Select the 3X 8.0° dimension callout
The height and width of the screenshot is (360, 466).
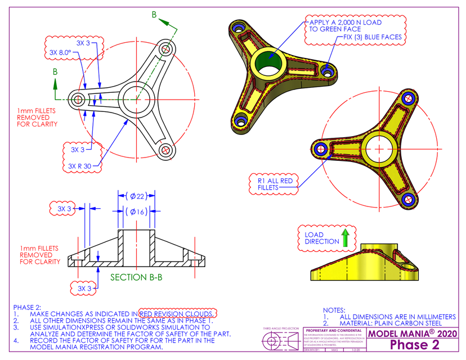[x=60, y=52]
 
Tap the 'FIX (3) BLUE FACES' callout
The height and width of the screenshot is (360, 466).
[x=373, y=37]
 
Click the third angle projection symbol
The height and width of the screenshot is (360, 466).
[x=279, y=341]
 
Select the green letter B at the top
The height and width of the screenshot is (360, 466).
[x=154, y=15]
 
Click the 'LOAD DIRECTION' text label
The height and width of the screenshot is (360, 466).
[x=322, y=238]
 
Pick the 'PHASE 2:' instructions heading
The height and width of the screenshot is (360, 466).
[x=27, y=307]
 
